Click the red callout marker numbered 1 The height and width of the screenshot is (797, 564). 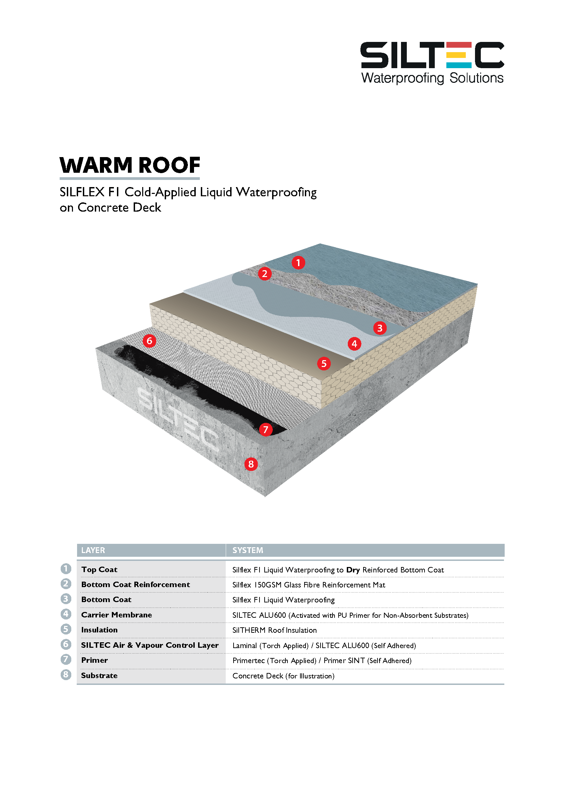298,263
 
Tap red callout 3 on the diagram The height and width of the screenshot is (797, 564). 380,328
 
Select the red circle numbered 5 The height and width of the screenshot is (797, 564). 324,364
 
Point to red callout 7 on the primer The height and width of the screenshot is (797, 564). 266,430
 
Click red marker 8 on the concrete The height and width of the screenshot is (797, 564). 251,464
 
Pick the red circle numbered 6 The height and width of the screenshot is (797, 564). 149,341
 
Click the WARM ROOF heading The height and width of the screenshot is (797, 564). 130,165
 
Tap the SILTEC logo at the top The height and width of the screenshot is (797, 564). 432,56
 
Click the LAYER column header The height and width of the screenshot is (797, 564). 93,550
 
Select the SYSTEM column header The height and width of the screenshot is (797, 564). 248,550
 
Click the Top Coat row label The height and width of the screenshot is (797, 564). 99,570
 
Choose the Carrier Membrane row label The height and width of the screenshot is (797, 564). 116,615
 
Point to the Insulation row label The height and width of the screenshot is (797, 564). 99,630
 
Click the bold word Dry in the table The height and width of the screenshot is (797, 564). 353,570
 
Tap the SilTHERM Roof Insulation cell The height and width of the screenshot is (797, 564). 274,630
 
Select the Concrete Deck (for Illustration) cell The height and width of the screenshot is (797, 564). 283,676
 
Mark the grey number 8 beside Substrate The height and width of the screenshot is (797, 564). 65,675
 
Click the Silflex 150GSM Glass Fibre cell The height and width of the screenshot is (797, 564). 308,585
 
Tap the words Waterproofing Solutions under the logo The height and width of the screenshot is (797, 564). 432,78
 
